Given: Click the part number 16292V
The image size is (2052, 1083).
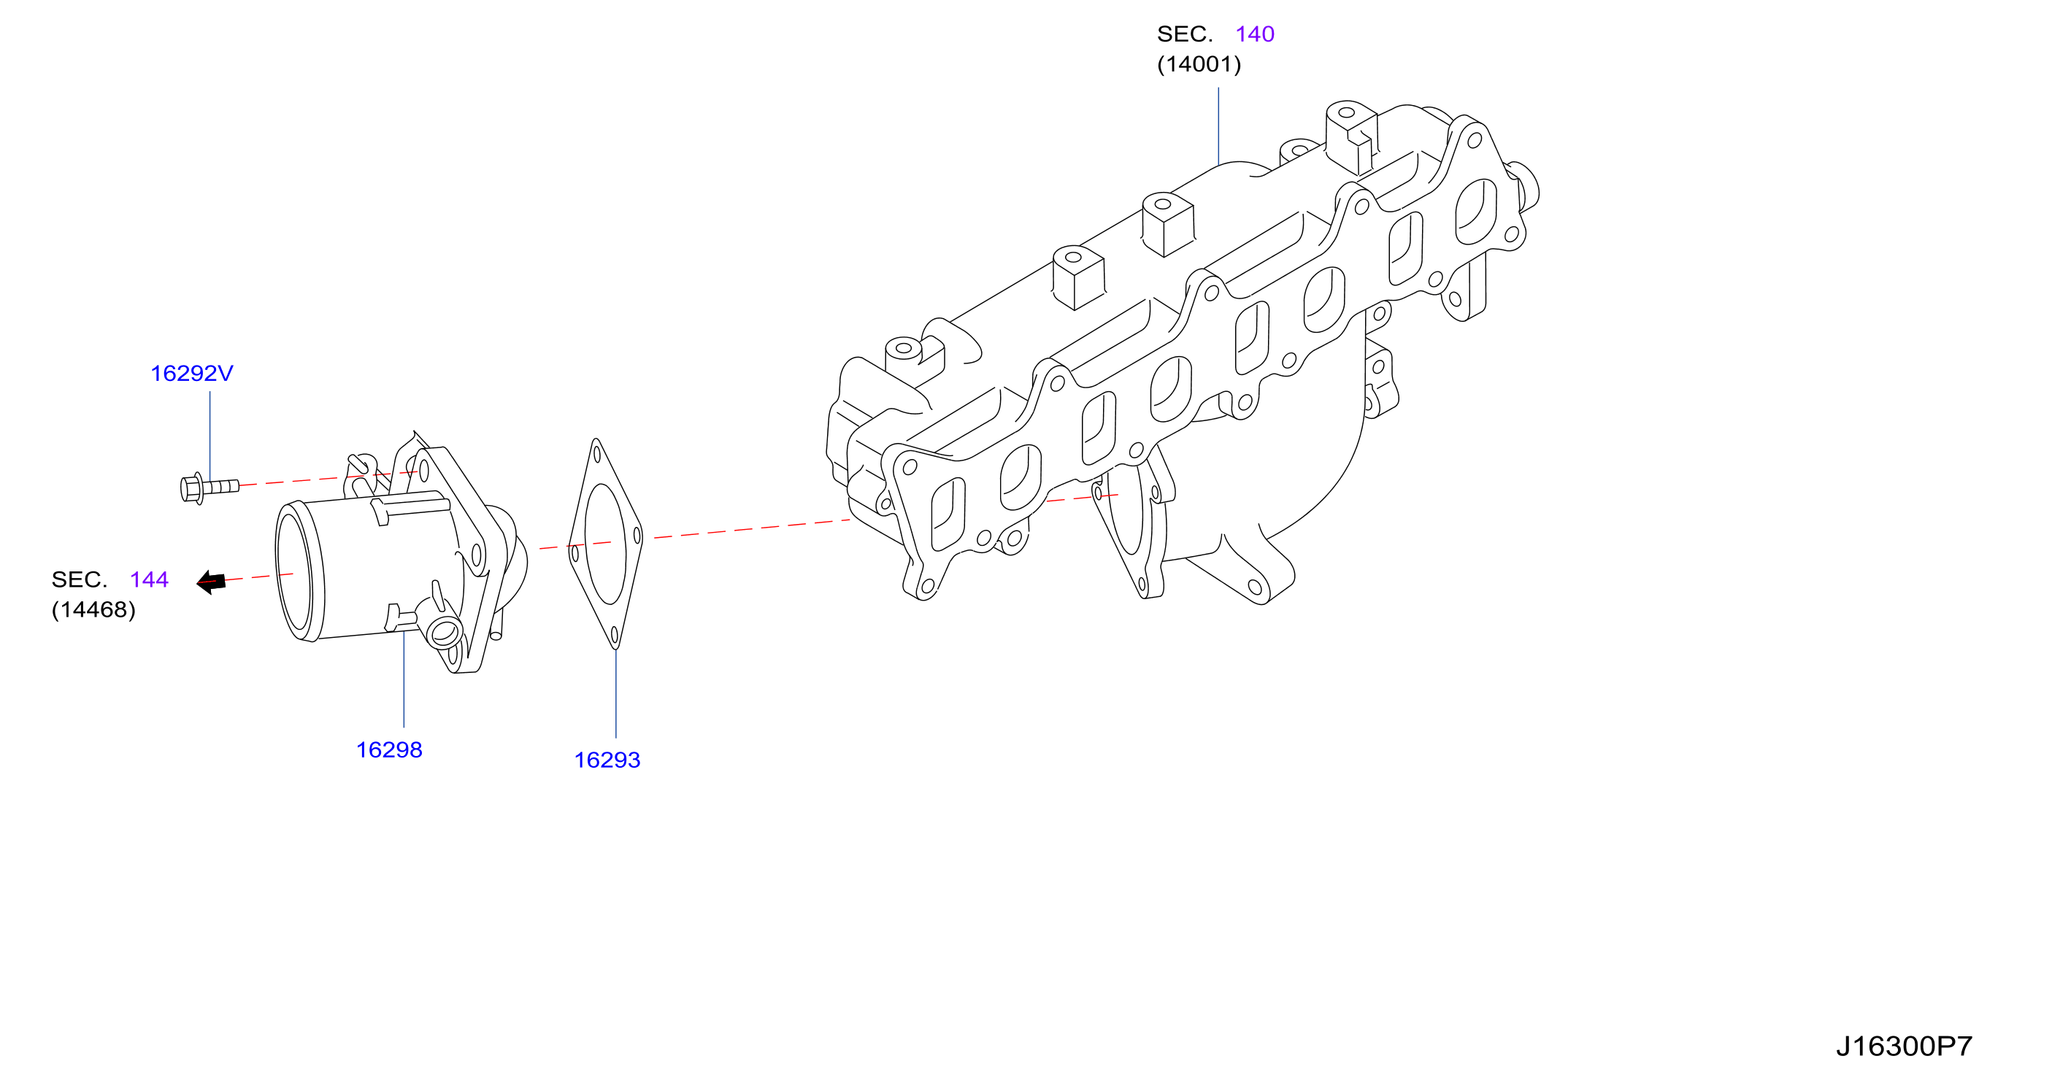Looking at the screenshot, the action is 191,374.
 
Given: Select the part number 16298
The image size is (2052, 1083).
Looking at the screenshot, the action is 389,750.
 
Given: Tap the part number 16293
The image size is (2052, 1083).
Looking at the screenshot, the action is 607,760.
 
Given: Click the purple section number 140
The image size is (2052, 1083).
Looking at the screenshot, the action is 1255,34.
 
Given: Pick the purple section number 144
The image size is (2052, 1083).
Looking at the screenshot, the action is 149,579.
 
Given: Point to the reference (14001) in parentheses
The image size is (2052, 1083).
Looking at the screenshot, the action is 1199,64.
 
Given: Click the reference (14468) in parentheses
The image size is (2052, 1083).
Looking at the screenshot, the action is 93,610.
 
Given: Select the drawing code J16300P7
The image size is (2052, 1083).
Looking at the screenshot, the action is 1904,1047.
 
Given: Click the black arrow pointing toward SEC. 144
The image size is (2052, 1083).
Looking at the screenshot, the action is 211,582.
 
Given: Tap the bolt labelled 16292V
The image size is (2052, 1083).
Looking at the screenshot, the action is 210,487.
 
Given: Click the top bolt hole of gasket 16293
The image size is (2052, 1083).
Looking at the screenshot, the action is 596,454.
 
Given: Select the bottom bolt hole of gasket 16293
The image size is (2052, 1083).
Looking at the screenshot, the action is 615,635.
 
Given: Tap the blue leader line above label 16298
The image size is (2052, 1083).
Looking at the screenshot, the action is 404,679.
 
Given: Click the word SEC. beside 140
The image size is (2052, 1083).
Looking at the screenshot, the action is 1185,34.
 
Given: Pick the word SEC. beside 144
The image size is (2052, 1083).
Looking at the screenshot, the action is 79,579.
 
